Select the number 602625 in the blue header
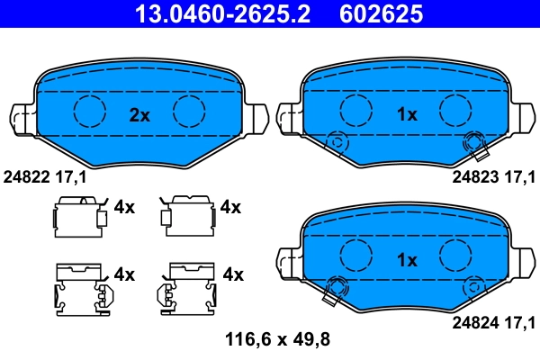(x=381, y=13)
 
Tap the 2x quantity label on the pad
(x=139, y=114)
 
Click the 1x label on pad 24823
(x=408, y=114)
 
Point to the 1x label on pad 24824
(x=408, y=260)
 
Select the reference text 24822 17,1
(x=46, y=177)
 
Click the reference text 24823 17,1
(x=493, y=177)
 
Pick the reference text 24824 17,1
(x=493, y=321)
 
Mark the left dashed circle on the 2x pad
(x=89, y=111)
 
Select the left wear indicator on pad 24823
(x=338, y=141)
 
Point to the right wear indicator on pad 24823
(x=473, y=141)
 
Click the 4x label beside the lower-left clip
(x=123, y=274)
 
